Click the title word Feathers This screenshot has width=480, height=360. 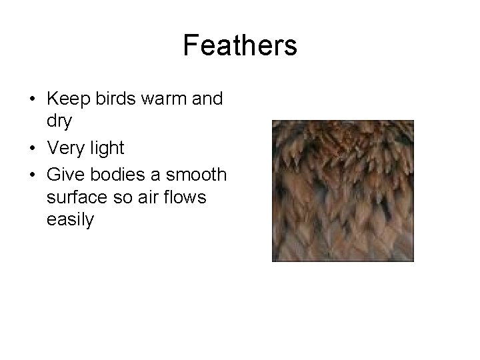240,45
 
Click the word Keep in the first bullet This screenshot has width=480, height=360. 66,99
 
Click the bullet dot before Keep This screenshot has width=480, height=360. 32,100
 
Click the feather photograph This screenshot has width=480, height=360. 343,191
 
